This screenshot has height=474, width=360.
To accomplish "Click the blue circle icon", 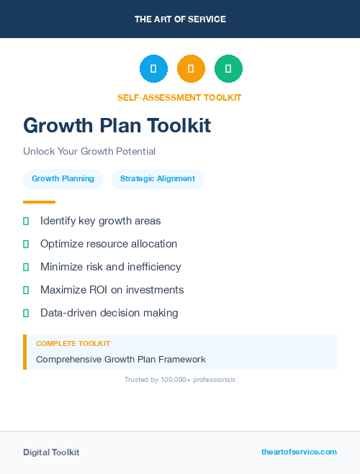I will tap(153, 68).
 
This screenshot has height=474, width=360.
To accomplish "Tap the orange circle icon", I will tap(191, 68).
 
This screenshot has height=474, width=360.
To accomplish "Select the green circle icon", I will tap(228, 68).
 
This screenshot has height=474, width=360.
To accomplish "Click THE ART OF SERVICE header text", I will tap(180, 19).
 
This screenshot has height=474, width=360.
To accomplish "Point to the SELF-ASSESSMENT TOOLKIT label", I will tap(179, 98).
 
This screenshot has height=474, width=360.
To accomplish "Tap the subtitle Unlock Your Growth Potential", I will tap(89, 152).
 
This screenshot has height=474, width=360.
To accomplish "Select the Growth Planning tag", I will tap(63, 179).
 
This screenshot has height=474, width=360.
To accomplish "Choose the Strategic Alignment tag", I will tap(158, 179).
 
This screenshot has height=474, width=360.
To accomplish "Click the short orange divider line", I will tap(39, 202).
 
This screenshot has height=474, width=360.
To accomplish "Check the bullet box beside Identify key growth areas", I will tap(26, 221).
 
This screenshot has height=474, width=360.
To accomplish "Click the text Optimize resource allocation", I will tap(109, 244).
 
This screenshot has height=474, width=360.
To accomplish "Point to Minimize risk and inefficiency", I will tap(111, 267).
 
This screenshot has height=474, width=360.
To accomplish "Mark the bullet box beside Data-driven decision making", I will tap(26, 313).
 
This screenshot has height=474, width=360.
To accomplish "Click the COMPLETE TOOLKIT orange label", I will tap(73, 344).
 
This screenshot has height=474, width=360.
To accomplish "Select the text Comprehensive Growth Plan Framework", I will tap(121, 360).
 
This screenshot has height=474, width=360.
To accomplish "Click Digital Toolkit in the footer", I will tap(51, 452).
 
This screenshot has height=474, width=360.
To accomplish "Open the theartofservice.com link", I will tap(299, 452).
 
